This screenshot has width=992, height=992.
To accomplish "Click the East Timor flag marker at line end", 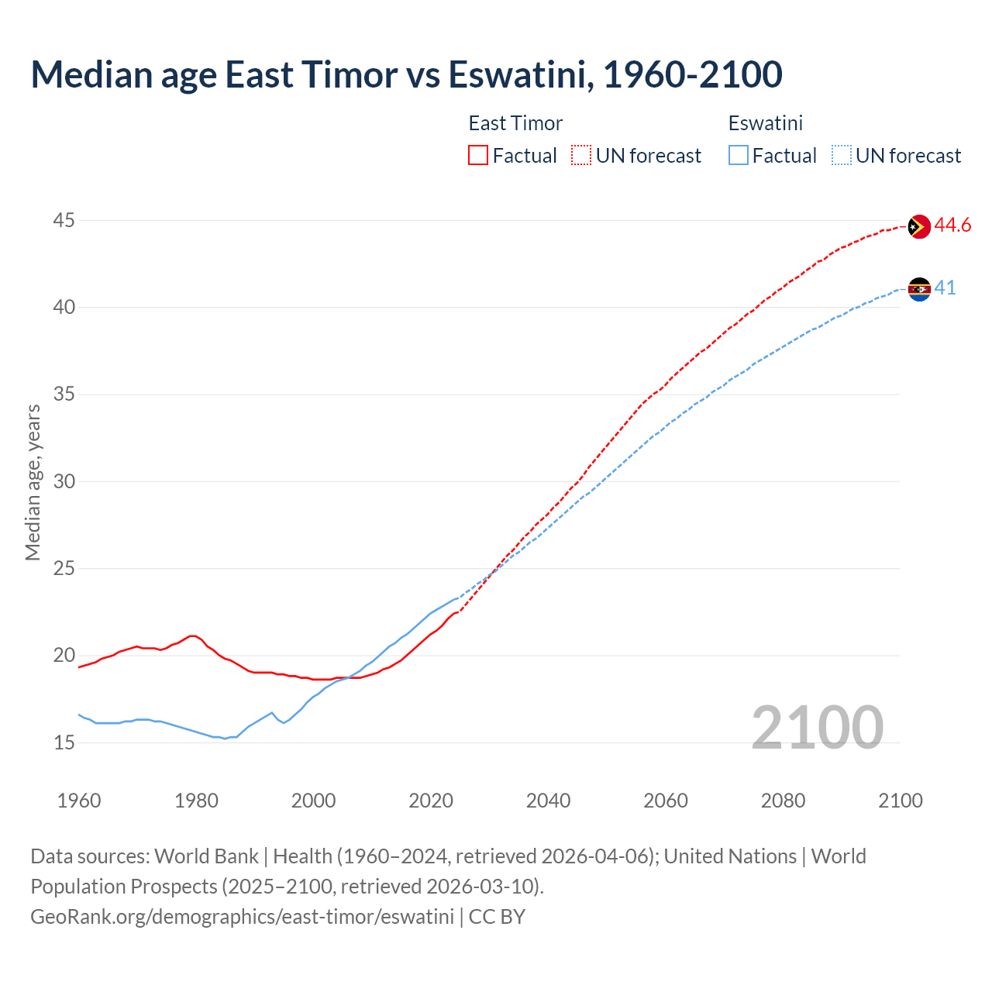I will click(x=918, y=226).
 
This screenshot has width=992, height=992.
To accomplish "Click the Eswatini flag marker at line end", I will click(x=918, y=289).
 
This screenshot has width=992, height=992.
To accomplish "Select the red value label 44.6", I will click(x=952, y=226).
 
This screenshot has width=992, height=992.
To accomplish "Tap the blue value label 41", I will click(x=945, y=288).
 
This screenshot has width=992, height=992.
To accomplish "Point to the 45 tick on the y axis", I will click(x=64, y=221).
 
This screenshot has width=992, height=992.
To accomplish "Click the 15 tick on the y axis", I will click(x=64, y=743).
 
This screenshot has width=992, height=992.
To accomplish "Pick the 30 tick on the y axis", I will click(x=64, y=482).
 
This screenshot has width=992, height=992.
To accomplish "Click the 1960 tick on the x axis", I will click(x=79, y=801).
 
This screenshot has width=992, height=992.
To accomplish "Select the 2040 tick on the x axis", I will click(x=548, y=801).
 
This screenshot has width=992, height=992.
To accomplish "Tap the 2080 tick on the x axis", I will click(x=783, y=801).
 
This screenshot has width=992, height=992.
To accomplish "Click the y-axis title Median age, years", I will click(x=33, y=482).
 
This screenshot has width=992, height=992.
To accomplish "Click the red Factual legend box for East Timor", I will click(x=478, y=155).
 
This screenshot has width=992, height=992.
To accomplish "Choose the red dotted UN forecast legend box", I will click(x=581, y=155).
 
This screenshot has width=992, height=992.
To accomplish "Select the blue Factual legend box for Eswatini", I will click(x=739, y=155).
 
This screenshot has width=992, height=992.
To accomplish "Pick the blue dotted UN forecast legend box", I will click(x=842, y=155).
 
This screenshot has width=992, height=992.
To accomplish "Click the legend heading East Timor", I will click(x=515, y=123).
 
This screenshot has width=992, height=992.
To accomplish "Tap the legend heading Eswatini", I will click(x=765, y=123).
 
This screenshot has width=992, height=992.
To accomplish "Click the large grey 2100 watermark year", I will click(x=817, y=728).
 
